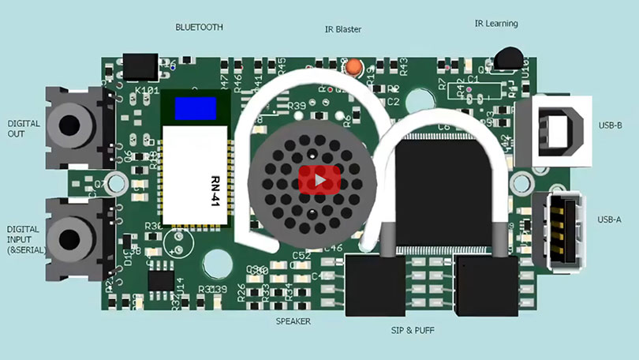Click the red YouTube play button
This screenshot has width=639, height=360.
click(x=319, y=180)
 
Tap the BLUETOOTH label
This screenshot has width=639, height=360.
click(x=199, y=27)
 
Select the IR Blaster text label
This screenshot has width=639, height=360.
click(x=343, y=30)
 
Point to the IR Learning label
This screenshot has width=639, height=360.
click(x=496, y=24)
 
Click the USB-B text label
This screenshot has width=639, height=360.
click(x=610, y=126)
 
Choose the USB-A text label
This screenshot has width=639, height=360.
click(x=610, y=219)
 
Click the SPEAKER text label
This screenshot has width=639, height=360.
click(x=293, y=321)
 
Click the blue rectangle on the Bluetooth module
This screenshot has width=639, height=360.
click(x=195, y=109)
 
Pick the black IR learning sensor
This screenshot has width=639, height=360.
click(x=506, y=58)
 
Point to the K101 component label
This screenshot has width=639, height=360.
click(x=147, y=91)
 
